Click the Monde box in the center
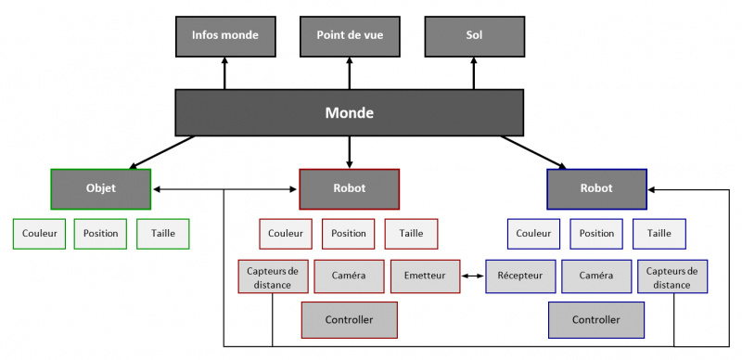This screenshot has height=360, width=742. click(x=349, y=113)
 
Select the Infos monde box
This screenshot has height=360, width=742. click(x=224, y=36)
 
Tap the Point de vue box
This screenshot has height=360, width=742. click(x=349, y=36)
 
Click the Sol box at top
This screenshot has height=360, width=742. click(x=474, y=36)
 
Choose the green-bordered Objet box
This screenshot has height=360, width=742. click(x=100, y=188)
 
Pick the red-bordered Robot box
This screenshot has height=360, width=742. click(x=349, y=188)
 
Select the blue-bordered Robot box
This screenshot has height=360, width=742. click(x=596, y=188)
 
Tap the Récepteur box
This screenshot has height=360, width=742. click(x=519, y=276)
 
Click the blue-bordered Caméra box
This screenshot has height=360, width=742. click(x=595, y=276)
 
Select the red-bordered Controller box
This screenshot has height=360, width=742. click(x=349, y=320)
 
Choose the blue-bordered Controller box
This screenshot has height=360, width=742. click(x=596, y=320)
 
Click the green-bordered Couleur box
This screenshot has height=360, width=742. click(x=39, y=234)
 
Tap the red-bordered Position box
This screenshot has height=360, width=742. click(x=349, y=234)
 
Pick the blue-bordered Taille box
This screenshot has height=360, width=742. click(x=659, y=234)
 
